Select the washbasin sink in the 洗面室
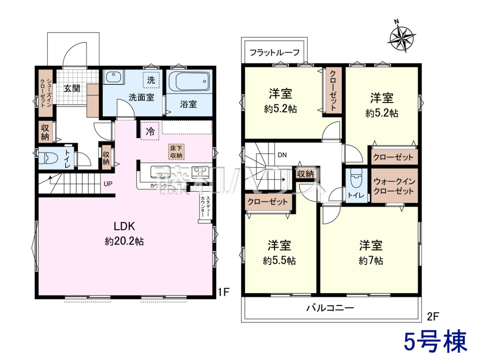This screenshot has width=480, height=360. point(113,76)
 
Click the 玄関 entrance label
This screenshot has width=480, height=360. point(72,88)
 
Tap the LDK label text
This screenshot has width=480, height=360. point(124,226)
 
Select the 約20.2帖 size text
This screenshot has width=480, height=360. point(124,242)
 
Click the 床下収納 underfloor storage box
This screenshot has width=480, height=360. point(176,152)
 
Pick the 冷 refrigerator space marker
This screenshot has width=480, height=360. point(150,131)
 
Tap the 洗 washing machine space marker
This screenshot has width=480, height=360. point(151,80)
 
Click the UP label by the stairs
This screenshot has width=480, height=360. point(108,184)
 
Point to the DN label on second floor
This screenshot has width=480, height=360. point(282,155)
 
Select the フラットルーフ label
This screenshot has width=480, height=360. point(274,52)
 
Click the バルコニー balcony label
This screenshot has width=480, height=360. point(330,308)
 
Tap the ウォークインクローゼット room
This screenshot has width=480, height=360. point(395,185)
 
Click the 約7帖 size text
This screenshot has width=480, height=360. point(371,261)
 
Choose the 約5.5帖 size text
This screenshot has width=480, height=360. point(279,261)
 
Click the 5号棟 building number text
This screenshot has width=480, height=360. point(435,342)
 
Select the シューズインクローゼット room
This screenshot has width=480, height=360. point(46,93)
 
